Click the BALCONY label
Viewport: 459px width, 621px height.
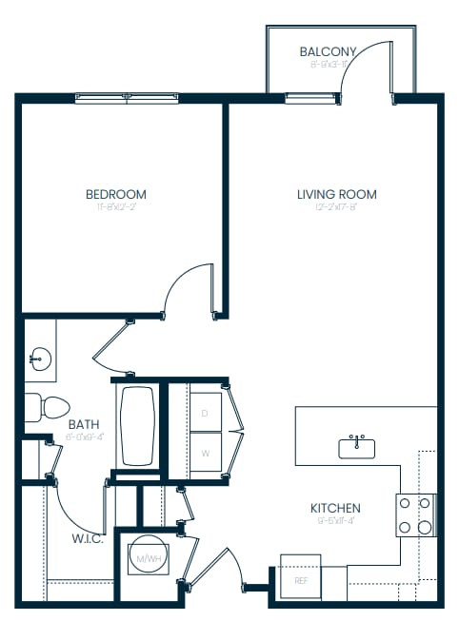pos(328,51)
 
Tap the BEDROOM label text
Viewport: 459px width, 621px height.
pos(116,194)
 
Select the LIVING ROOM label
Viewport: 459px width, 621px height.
pos(336,194)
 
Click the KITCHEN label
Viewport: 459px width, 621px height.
pos(335,508)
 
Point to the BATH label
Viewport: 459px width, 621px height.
pos(83,425)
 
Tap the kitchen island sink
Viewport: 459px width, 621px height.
pos(356,448)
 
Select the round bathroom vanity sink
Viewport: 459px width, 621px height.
pos(40,359)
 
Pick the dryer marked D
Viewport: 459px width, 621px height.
pos(204,412)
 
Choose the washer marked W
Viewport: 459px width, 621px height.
pos(204,454)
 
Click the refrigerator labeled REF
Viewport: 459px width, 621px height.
pos(300,579)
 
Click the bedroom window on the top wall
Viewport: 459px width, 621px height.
pos(129,97)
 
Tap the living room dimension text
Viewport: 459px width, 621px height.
pos(336,208)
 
